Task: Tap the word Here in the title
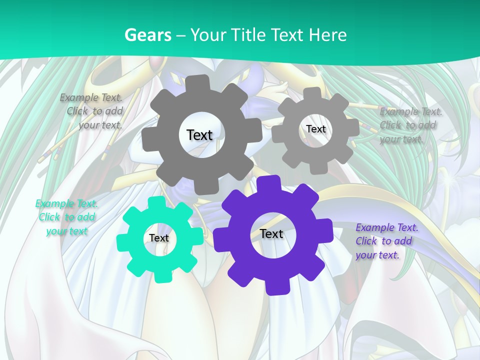pyautogui.click(x=327, y=35)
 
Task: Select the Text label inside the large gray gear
pyautogui.click(x=199, y=135)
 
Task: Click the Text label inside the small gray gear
pyautogui.click(x=315, y=129)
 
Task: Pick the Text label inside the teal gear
pyautogui.click(x=159, y=238)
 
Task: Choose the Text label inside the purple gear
pyautogui.click(x=271, y=234)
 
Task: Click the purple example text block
pyautogui.click(x=386, y=241)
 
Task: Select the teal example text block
pyautogui.click(x=67, y=217)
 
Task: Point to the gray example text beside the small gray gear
pyautogui.click(x=410, y=125)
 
